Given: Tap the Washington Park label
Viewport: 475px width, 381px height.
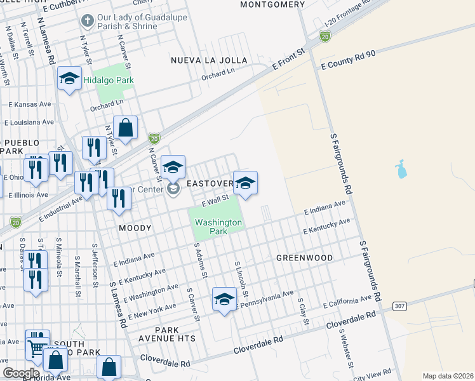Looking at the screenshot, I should click(218, 227).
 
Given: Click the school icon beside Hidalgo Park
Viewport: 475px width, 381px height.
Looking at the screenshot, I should click(69, 79).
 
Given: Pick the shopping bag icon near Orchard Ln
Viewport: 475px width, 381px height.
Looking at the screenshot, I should click(126, 128).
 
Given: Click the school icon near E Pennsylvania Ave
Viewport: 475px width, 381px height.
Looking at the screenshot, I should click(224, 300).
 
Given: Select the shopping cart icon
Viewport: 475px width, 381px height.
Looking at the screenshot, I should click(37, 346).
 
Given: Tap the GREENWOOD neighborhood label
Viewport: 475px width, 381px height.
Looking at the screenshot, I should click(305, 258).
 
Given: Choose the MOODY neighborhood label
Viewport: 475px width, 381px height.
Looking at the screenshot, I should click(135, 227).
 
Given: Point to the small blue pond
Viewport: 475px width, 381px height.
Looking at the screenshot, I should click(400, 169).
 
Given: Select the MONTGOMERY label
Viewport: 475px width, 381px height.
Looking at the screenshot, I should click(273, 4).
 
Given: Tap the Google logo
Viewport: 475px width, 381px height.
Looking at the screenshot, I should click(21, 373).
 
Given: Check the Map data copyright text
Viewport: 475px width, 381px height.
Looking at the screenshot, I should click(448, 376).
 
